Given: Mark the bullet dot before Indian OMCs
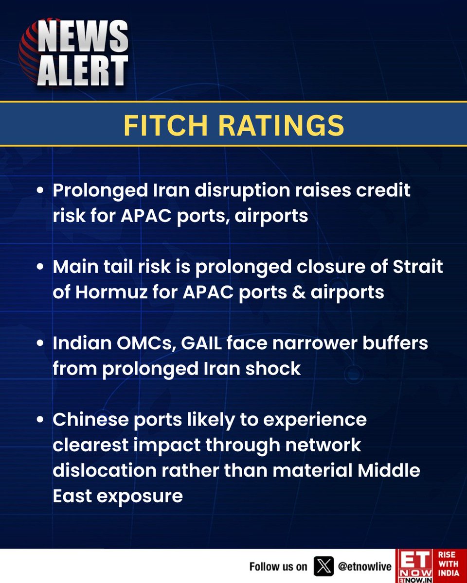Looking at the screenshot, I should coord(42,344).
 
